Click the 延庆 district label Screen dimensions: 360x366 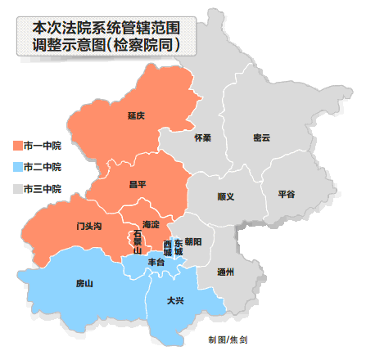[x=136, y=115]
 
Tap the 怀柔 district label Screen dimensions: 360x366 [x=203, y=137]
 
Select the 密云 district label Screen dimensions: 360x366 [x=262, y=137]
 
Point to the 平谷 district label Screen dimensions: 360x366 [x=286, y=194]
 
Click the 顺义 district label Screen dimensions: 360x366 [x=226, y=196]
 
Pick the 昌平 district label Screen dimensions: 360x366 [x=137, y=185]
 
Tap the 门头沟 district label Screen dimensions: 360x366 [x=88, y=225]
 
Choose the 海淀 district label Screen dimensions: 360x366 [x=149, y=223]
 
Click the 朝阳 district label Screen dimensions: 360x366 [x=193, y=241]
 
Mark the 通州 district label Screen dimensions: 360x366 [x=225, y=271]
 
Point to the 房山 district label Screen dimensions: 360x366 [x=84, y=283]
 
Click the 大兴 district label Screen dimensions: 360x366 [x=174, y=300]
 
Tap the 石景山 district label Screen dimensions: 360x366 [x=138, y=243]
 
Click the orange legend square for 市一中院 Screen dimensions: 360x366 [x=19, y=145]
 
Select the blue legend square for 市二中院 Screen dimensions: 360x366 [x=19, y=167]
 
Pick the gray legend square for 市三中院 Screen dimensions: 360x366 [x=19, y=189]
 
